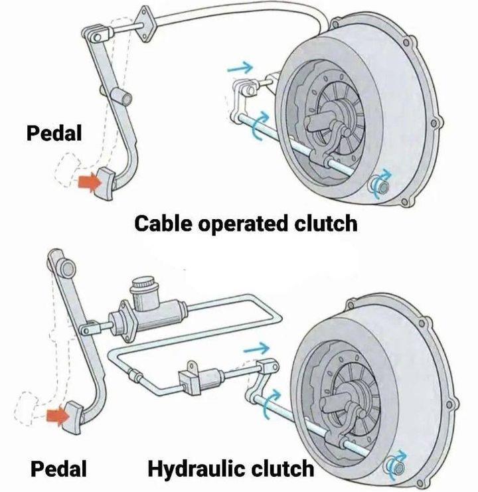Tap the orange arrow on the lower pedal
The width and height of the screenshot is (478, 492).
[58, 416]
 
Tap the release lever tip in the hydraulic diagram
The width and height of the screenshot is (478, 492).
[268, 366]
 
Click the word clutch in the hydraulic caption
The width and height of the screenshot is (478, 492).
[281, 469]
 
